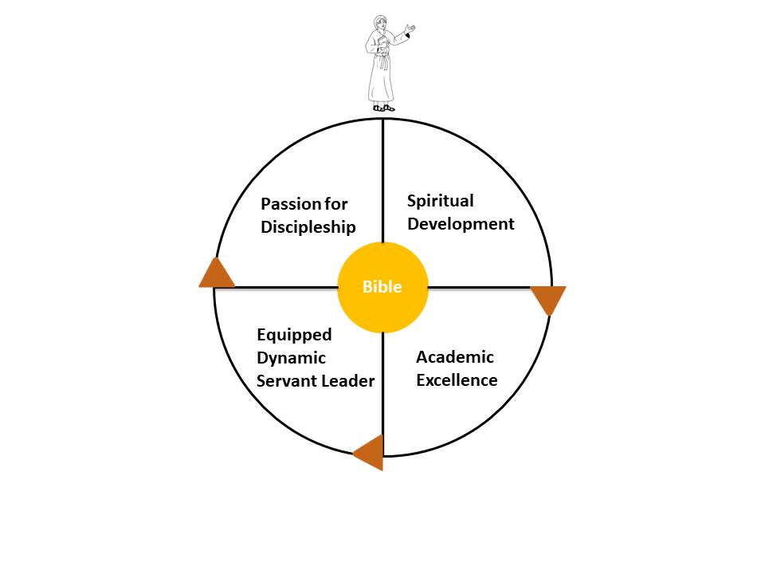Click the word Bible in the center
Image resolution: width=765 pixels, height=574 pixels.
click(x=382, y=287)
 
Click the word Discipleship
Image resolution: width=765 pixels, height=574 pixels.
click(x=308, y=227)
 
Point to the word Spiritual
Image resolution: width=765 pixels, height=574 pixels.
click(x=440, y=201)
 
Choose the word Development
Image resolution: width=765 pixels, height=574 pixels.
click(x=461, y=224)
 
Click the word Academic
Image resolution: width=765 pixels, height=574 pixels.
click(x=454, y=357)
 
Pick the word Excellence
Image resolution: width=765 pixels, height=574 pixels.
click(x=457, y=380)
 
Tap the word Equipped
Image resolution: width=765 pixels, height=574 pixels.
click(x=294, y=335)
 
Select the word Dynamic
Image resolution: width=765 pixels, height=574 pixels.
click(x=291, y=358)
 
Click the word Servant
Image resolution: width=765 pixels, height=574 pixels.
click(x=285, y=381)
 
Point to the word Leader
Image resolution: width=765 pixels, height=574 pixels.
click(x=347, y=381)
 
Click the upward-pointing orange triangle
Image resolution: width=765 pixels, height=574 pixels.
click(x=216, y=273)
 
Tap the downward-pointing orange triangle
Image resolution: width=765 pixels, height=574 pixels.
click(x=548, y=298)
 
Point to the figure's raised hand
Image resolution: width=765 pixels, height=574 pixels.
click(x=410, y=29)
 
